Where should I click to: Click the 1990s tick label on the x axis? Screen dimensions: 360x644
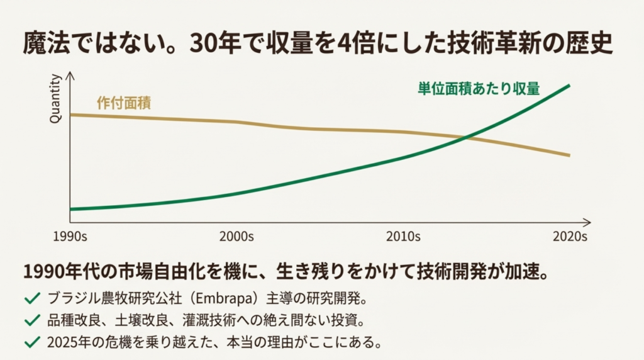(x=69, y=237)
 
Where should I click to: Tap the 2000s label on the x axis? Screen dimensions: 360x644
(x=236, y=237)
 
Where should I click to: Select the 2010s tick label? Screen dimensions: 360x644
(x=403, y=237)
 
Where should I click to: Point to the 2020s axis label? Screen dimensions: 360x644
(x=570, y=237)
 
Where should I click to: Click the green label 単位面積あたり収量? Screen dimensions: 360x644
(x=479, y=89)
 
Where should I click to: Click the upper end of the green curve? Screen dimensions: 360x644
(x=569, y=85)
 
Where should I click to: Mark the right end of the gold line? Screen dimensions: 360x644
(x=569, y=155)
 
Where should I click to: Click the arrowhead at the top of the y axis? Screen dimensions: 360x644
(x=70, y=76)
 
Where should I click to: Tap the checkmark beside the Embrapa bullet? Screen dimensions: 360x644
(x=30, y=298)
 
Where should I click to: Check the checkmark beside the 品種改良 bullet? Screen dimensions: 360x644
(x=30, y=320)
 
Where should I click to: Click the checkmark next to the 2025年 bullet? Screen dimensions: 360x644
(x=30, y=342)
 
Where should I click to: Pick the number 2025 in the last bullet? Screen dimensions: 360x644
(x=60, y=342)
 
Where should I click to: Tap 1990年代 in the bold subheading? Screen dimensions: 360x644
(x=54, y=272)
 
